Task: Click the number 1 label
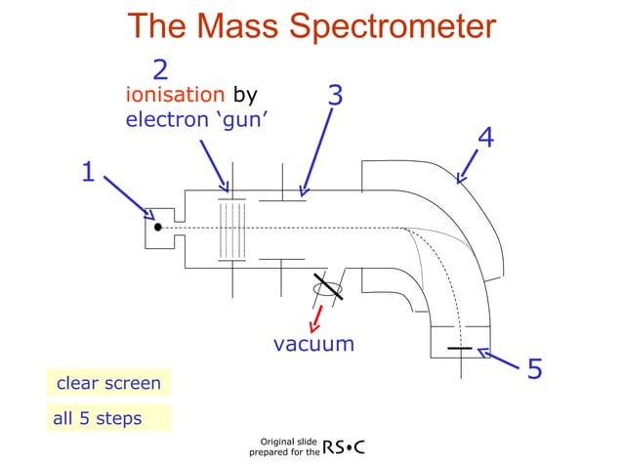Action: click(x=87, y=173)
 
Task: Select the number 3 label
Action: click(x=335, y=95)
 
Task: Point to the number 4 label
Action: click(x=485, y=138)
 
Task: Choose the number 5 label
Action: click(x=535, y=369)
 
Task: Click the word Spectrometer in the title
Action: click(x=389, y=26)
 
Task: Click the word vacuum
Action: click(x=312, y=344)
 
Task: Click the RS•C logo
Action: click(x=344, y=447)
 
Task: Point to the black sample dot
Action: click(x=158, y=228)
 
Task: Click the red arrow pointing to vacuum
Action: click(x=316, y=318)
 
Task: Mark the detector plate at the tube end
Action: click(x=459, y=349)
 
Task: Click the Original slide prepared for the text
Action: click(x=284, y=448)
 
